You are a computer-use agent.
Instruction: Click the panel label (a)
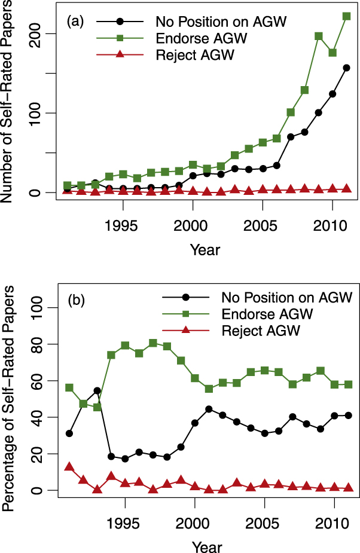(75, 22)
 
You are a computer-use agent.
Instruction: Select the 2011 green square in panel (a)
(346, 16)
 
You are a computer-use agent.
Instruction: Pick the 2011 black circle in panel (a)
(346, 68)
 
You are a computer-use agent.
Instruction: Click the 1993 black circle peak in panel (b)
(97, 391)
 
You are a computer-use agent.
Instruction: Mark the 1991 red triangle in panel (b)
(69, 466)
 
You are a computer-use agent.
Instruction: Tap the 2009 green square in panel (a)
(319, 36)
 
